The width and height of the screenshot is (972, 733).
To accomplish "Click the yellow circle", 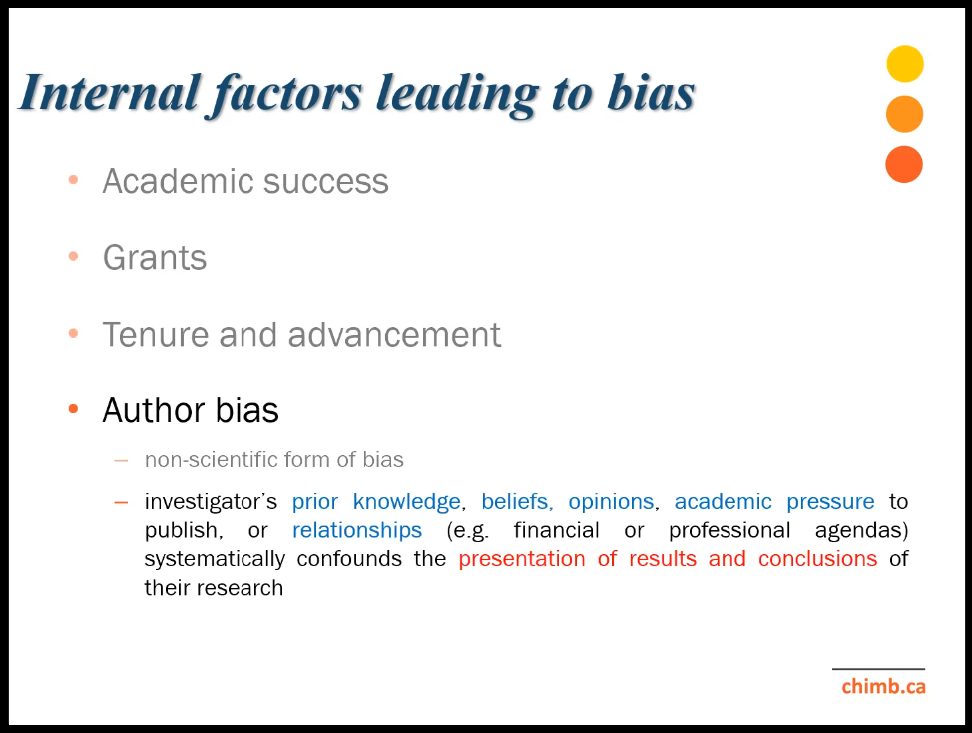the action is click(905, 64).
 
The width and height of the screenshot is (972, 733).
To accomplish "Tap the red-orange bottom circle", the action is click(904, 165).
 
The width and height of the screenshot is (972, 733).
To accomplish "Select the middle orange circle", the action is click(904, 114).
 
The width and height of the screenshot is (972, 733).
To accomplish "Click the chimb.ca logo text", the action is click(883, 686).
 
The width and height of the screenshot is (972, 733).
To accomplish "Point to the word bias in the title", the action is click(651, 93).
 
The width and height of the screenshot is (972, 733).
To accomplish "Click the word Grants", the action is click(155, 258).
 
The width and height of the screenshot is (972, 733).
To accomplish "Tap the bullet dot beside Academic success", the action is click(73, 179).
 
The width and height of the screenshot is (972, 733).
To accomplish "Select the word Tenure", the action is click(156, 335).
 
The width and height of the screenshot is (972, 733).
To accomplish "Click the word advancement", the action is click(394, 335).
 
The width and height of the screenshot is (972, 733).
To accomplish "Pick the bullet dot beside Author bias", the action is click(73, 409).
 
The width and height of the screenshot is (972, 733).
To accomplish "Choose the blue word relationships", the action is click(357, 531).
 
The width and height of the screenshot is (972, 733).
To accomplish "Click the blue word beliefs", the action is click(517, 501).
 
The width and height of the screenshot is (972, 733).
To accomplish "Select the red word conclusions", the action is click(817, 559).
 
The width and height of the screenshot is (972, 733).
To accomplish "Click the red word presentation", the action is click(522, 560).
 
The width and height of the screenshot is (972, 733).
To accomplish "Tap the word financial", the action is click(556, 531).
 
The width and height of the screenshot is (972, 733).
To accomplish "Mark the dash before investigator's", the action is click(121, 502).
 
